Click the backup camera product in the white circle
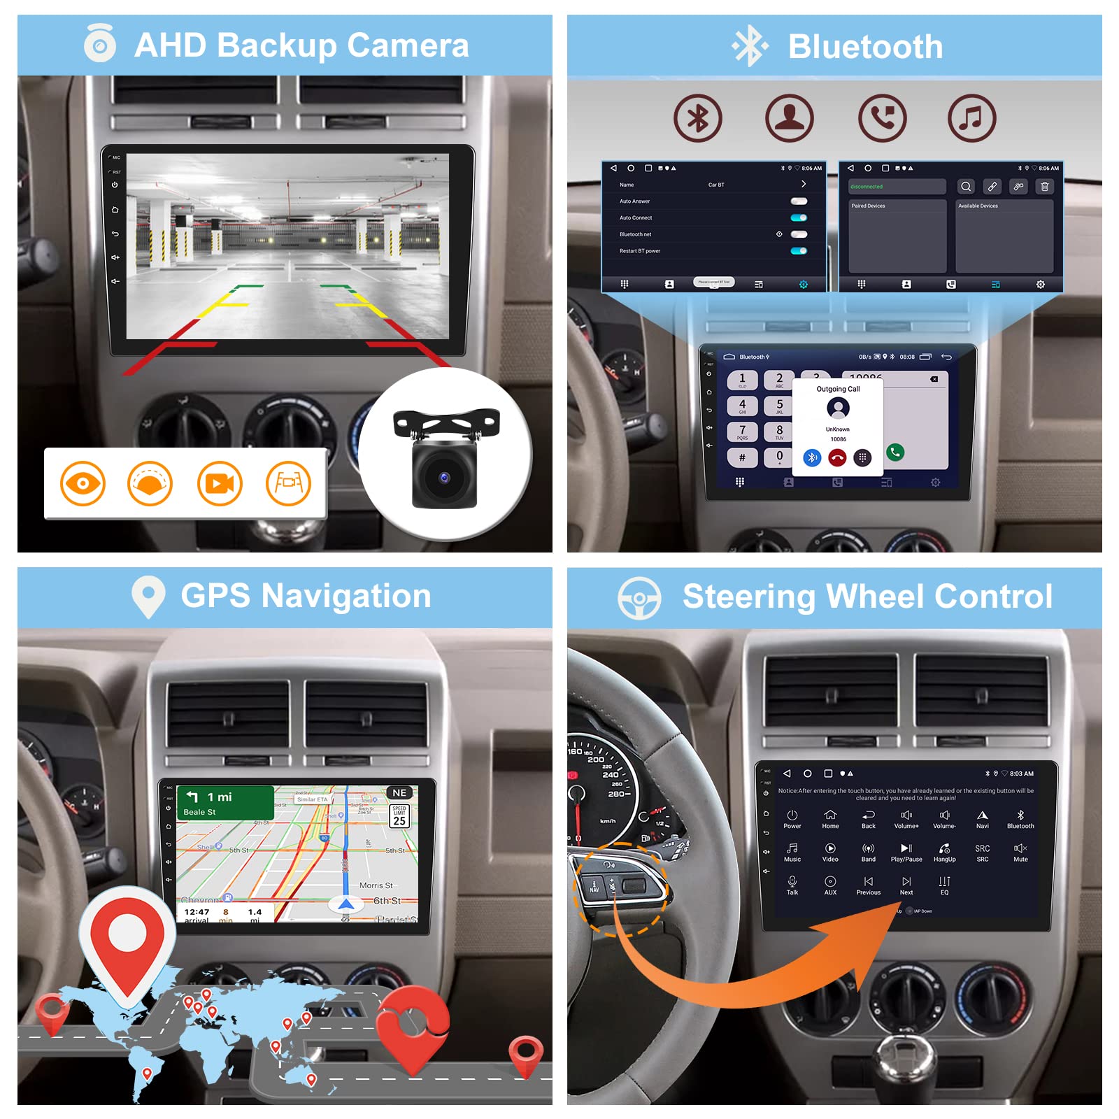click(446, 458)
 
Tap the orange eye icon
click(83, 483)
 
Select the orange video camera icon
click(220, 483)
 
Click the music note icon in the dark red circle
click(971, 118)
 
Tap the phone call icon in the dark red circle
click(882, 118)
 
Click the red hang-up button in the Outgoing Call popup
click(837, 458)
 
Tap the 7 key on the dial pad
click(742, 432)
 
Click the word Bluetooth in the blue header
click(865, 47)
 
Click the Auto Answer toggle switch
click(799, 201)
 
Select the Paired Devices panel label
click(868, 206)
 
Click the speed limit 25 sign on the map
click(399, 816)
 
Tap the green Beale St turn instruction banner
click(225, 803)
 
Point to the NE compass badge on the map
click(399, 792)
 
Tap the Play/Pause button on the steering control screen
click(906, 851)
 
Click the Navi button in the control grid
click(983, 818)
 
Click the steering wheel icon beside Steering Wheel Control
click(639, 598)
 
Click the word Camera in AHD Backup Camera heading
click(407, 45)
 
